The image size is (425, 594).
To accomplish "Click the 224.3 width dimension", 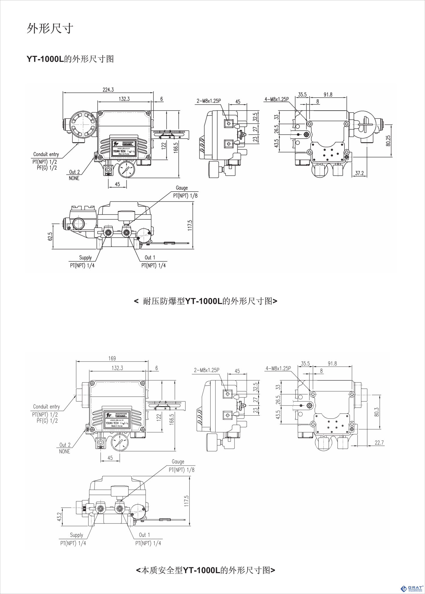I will [108, 90].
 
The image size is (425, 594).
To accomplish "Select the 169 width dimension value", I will [112, 358].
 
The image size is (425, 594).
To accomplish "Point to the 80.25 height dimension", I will [388, 141].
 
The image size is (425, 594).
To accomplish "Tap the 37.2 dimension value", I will [359, 173].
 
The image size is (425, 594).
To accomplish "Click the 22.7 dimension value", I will [379, 443].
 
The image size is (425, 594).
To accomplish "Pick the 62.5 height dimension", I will [50, 236].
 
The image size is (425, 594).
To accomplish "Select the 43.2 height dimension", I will [59, 517].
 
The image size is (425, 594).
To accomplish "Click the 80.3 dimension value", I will [377, 412].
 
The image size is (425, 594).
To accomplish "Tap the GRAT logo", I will [412, 588].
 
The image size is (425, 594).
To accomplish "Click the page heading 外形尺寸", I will [50, 28].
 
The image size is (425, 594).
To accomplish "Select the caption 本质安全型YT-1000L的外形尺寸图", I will [206, 570].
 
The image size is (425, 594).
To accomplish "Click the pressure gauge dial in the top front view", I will [126, 170].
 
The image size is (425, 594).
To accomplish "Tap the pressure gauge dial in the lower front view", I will [120, 443].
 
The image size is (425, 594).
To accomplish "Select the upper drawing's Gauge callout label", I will [182, 188].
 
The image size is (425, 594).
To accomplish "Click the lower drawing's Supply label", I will [76, 535].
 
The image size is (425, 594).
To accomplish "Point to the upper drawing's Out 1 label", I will [150, 257].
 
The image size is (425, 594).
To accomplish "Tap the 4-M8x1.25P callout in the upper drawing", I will [276, 99].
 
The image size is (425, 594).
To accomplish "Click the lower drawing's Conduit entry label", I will [46, 406].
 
